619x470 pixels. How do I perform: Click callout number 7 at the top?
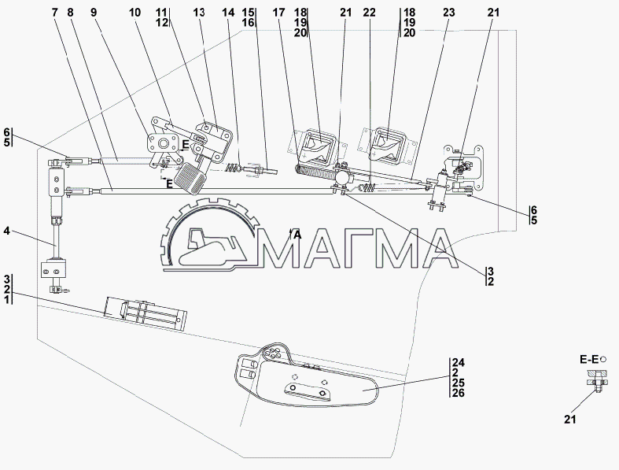click(x=55, y=13)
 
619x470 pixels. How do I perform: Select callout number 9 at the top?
click(x=93, y=13)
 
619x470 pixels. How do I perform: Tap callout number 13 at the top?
click(x=199, y=13)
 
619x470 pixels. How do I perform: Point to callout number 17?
click(x=278, y=13)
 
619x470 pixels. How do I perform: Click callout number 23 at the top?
click(x=448, y=13)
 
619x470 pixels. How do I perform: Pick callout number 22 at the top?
click(x=370, y=13)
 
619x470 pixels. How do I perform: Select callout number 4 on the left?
click(x=7, y=231)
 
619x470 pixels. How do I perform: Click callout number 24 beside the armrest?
click(x=459, y=362)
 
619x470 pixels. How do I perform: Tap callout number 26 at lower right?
click(x=459, y=393)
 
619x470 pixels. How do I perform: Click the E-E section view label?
click(x=588, y=359)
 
